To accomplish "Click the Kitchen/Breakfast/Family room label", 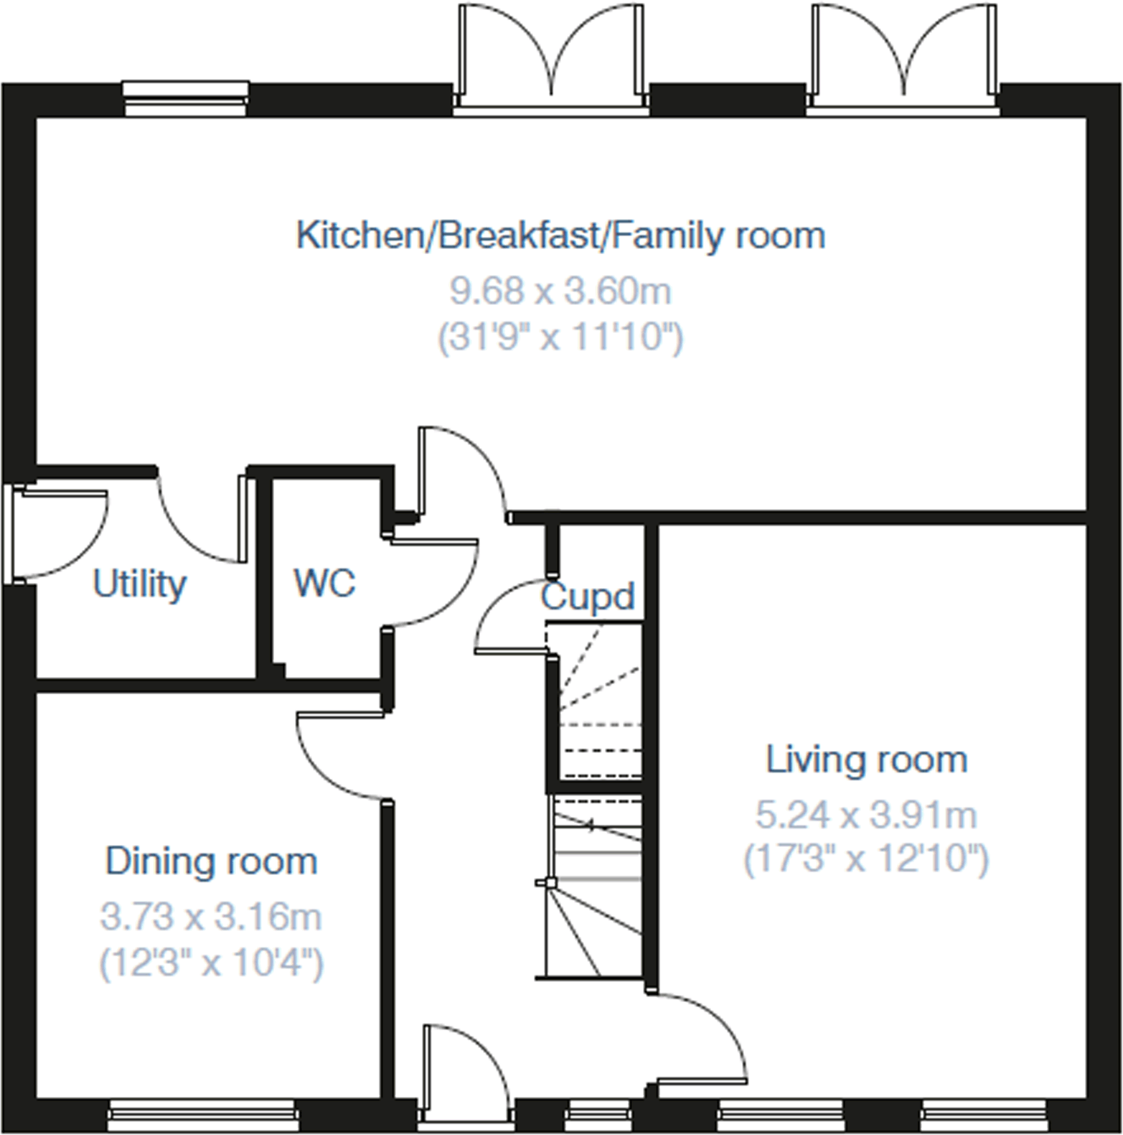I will pos(560,236).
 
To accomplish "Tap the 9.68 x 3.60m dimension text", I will pos(560,292).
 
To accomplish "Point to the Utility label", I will pos(140,584).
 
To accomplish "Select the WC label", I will pos(324,583).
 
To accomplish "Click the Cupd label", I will pos(587,596).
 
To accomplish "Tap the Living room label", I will pos(866,760).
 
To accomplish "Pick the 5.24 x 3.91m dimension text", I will pos(866,816).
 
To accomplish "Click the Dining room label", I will pos(211,861).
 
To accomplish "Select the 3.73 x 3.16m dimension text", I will pos(211,917).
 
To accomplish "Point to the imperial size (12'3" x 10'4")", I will pos(211,963).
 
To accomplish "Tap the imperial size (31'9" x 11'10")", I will pos(560,338).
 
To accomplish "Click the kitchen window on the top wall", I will pos(185,99).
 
